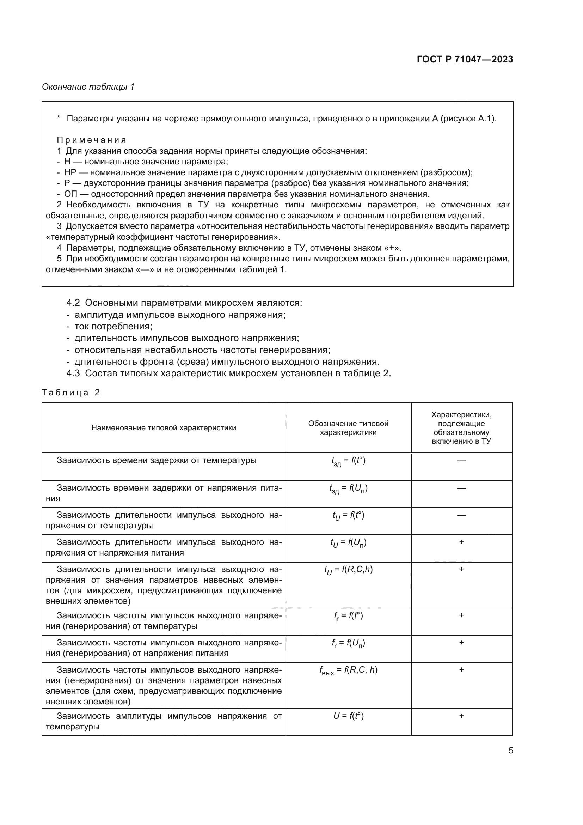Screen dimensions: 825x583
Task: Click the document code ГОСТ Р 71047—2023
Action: [x=465, y=59]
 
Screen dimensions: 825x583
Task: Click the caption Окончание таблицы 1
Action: [x=88, y=87]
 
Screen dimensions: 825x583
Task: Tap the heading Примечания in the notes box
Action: [x=92, y=140]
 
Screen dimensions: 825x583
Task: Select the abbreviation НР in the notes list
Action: [x=70, y=172]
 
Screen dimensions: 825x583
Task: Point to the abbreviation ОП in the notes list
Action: [x=70, y=194]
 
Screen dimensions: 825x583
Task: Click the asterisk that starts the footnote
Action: [x=59, y=118]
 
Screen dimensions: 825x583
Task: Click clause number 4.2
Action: [x=73, y=303]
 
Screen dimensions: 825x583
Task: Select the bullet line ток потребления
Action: [x=113, y=326]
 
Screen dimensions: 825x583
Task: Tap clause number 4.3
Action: [x=73, y=373]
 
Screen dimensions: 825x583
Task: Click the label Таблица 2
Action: [x=71, y=392]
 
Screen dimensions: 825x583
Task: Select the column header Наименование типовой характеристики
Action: [x=164, y=427]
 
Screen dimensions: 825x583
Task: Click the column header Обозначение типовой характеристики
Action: [x=348, y=428]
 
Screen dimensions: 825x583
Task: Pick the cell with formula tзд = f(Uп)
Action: [x=348, y=489]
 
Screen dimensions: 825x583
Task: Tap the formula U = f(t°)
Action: [x=348, y=716]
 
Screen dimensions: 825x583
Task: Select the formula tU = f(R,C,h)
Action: [x=348, y=570]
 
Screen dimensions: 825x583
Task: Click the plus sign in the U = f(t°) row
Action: [x=461, y=716]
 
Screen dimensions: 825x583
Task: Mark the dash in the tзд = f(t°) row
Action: [x=461, y=460]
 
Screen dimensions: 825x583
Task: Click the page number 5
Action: [x=510, y=751]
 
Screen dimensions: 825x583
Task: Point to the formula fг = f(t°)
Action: [x=348, y=616]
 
